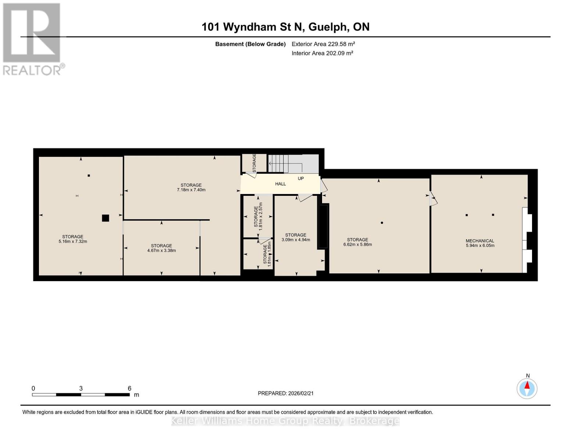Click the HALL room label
click(280, 184)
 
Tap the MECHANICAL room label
click(479, 241)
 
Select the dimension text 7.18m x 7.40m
click(191, 190)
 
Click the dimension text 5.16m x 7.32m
click(72, 241)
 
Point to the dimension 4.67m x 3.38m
click(161, 251)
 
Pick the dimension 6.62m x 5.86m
click(357, 244)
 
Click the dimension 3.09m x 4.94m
click(296, 240)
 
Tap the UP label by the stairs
click(300, 179)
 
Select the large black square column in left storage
click(106, 218)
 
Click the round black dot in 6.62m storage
click(382, 223)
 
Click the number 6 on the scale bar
click(129, 388)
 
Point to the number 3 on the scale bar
click(81, 388)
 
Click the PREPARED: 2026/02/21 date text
click(285, 393)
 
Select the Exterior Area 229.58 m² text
click(323, 44)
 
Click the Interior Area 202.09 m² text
click(322, 53)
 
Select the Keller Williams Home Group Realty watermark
click(285, 421)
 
